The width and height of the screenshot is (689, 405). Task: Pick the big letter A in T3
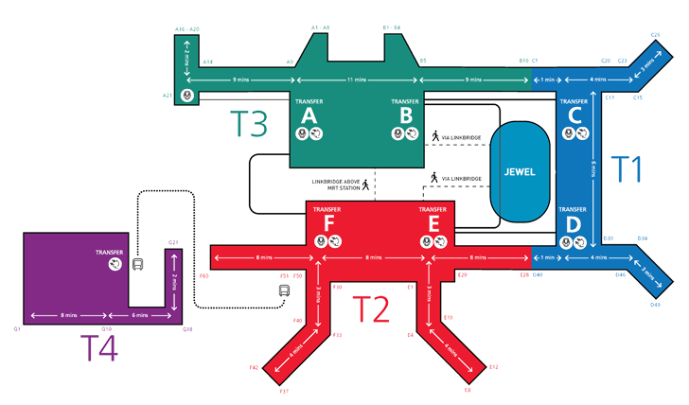[309, 115]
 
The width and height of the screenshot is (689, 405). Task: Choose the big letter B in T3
[405, 115]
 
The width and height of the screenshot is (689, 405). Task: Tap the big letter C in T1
[574, 115]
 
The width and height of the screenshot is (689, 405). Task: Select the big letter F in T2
[329, 223]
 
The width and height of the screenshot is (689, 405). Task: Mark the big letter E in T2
[433, 223]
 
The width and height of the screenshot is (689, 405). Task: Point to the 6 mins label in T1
[593, 169]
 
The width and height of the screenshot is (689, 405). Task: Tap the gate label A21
[168, 95]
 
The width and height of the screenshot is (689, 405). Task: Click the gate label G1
[17, 328]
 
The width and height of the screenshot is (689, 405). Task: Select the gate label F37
[283, 391]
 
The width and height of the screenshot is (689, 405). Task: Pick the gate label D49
[655, 306]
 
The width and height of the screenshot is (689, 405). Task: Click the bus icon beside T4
[138, 266]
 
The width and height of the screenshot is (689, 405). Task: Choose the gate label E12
[494, 365]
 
